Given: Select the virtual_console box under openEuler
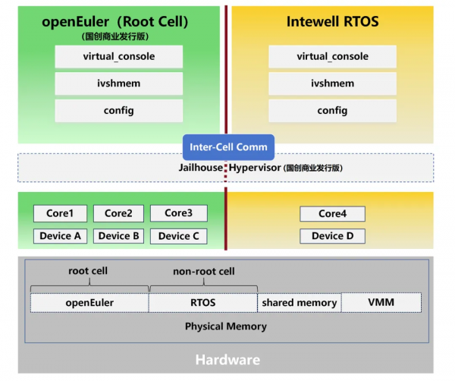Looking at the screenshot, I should pos(119,57).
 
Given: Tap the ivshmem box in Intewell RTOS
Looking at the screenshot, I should pos(332,83).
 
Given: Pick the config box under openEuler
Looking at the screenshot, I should pos(119,111).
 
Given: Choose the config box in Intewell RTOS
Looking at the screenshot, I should pos(332,111).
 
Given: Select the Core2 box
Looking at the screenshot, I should pos(118,213).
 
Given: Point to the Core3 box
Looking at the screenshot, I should pos(178,213).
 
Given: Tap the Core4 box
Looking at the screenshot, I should pos(332,214).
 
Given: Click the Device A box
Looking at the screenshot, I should pos(60,236).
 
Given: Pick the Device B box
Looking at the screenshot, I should pos(118,236).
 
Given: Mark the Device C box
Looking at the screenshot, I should pos(178,236).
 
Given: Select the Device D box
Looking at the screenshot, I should pos(332,236).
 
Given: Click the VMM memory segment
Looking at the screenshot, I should pos(381,303).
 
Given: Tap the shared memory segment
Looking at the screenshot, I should pos(299,303).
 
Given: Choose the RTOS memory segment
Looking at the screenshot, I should pos(203,303).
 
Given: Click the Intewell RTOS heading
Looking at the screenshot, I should pos(332,22).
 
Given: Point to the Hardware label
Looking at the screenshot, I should pos(227,360).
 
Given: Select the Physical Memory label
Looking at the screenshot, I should pos(226,326).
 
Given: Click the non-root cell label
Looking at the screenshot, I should pos(204,272).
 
